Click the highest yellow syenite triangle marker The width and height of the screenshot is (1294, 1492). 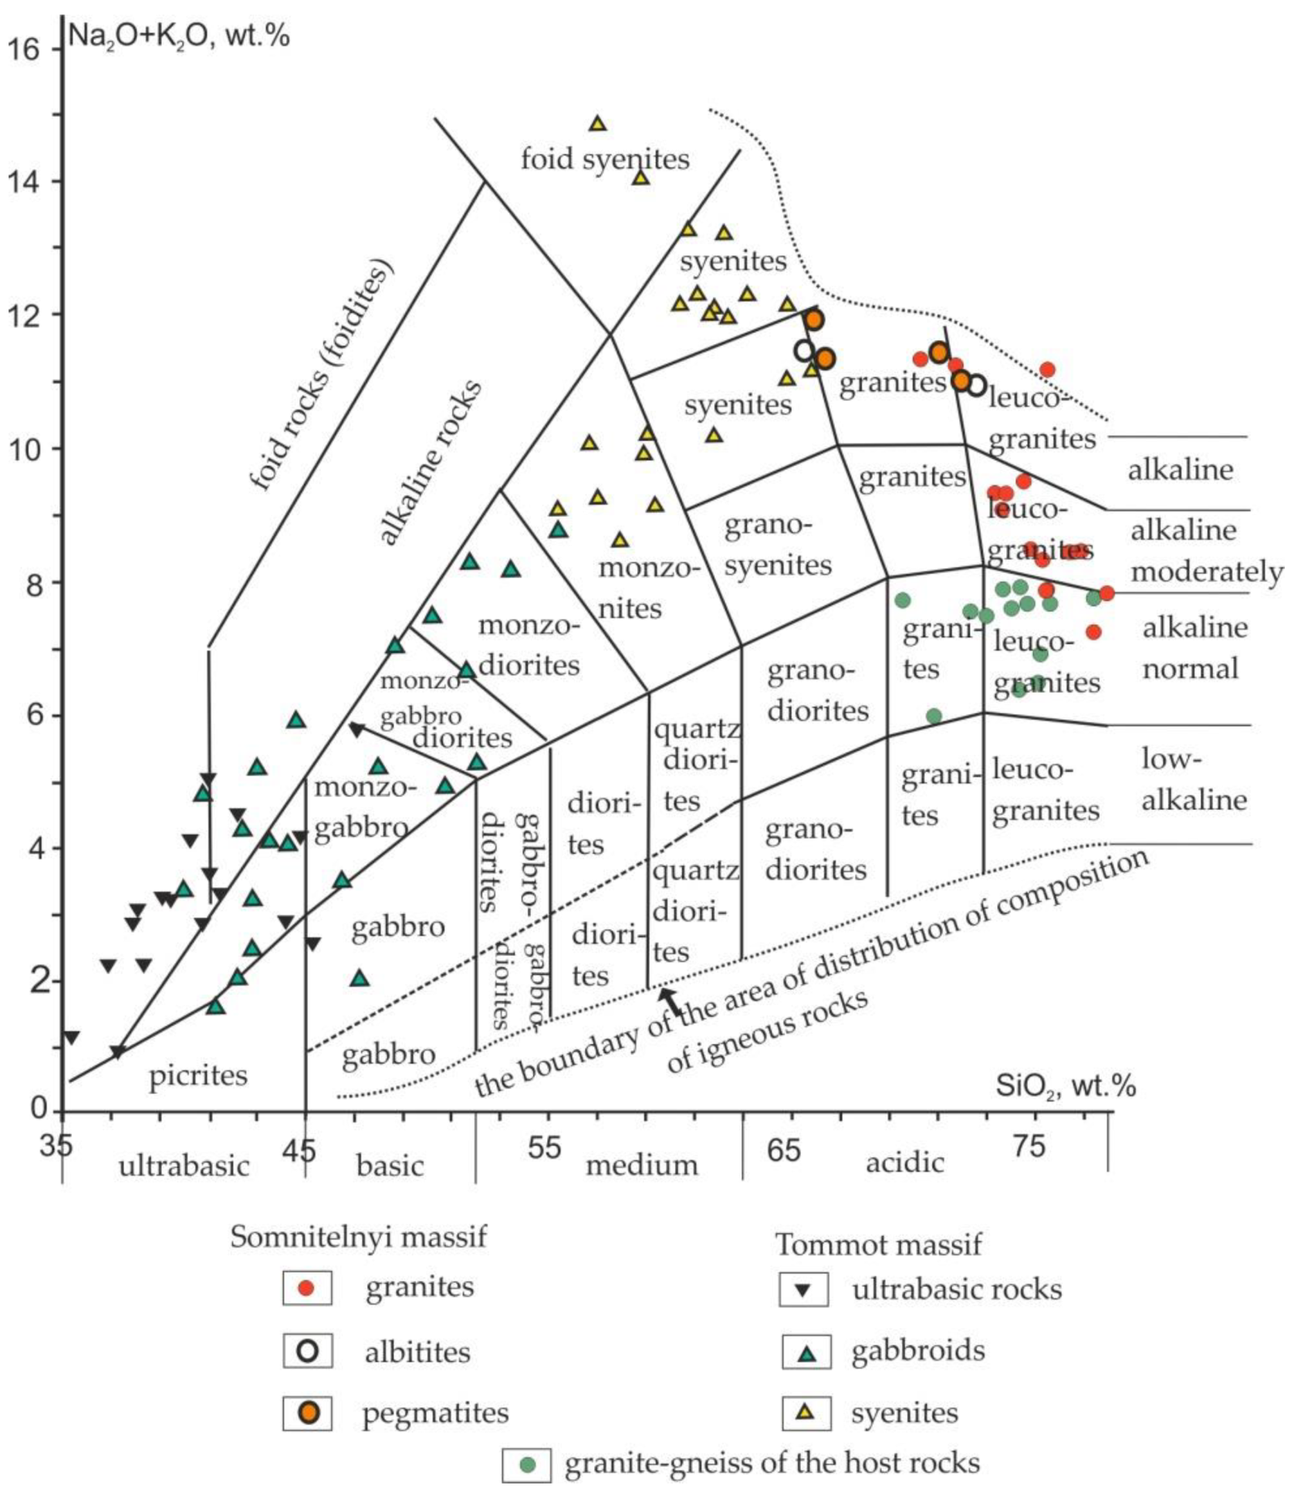pyautogui.click(x=597, y=123)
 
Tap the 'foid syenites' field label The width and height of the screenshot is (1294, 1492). pyautogui.click(x=604, y=160)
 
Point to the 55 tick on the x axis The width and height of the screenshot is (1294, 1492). pyautogui.click(x=545, y=1147)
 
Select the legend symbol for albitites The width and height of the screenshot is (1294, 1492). pyautogui.click(x=308, y=1352)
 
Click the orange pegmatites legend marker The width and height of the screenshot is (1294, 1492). pyautogui.click(x=308, y=1412)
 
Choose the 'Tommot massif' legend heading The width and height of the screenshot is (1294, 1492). pyautogui.click(x=878, y=1244)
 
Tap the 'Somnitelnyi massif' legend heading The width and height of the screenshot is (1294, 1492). pyautogui.click(x=359, y=1237)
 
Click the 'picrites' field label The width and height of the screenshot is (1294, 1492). pyautogui.click(x=198, y=1075)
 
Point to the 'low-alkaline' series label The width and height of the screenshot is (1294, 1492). pyautogui.click(x=1193, y=779)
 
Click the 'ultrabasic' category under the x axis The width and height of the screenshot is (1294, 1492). pyautogui.click(x=184, y=1165)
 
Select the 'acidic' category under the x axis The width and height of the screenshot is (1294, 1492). pyautogui.click(x=904, y=1162)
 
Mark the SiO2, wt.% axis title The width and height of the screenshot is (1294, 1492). pyautogui.click(x=1066, y=1085)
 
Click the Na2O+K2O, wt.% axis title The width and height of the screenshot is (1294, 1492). pyautogui.click(x=179, y=35)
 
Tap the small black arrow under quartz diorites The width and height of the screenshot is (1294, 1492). pyautogui.click(x=671, y=1001)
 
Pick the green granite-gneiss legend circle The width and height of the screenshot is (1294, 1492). pyautogui.click(x=528, y=1463)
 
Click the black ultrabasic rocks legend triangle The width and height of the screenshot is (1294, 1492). pyautogui.click(x=803, y=1289)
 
